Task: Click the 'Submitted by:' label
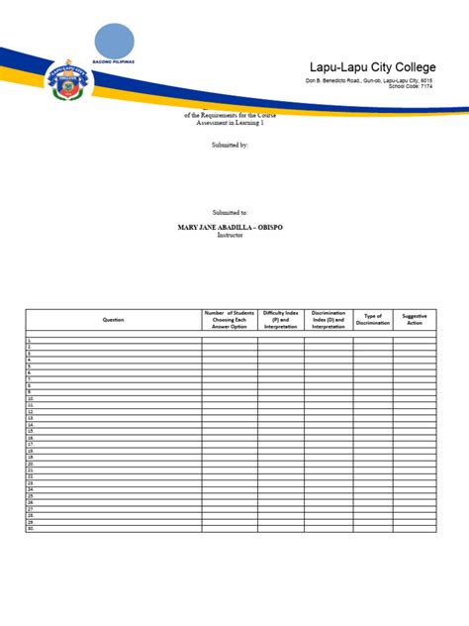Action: click(231, 145)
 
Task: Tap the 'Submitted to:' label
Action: click(231, 212)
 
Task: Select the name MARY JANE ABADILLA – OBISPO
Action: click(230, 227)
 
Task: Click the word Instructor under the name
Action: click(230, 235)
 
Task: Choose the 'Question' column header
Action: click(113, 320)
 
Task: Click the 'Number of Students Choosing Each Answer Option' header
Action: click(230, 320)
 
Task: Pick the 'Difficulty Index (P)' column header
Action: click(281, 320)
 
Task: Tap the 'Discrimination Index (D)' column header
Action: click(328, 320)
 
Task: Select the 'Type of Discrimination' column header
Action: click(373, 320)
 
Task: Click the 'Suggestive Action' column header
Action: click(415, 320)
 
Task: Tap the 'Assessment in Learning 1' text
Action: click(231, 124)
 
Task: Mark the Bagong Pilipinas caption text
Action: click(114, 60)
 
